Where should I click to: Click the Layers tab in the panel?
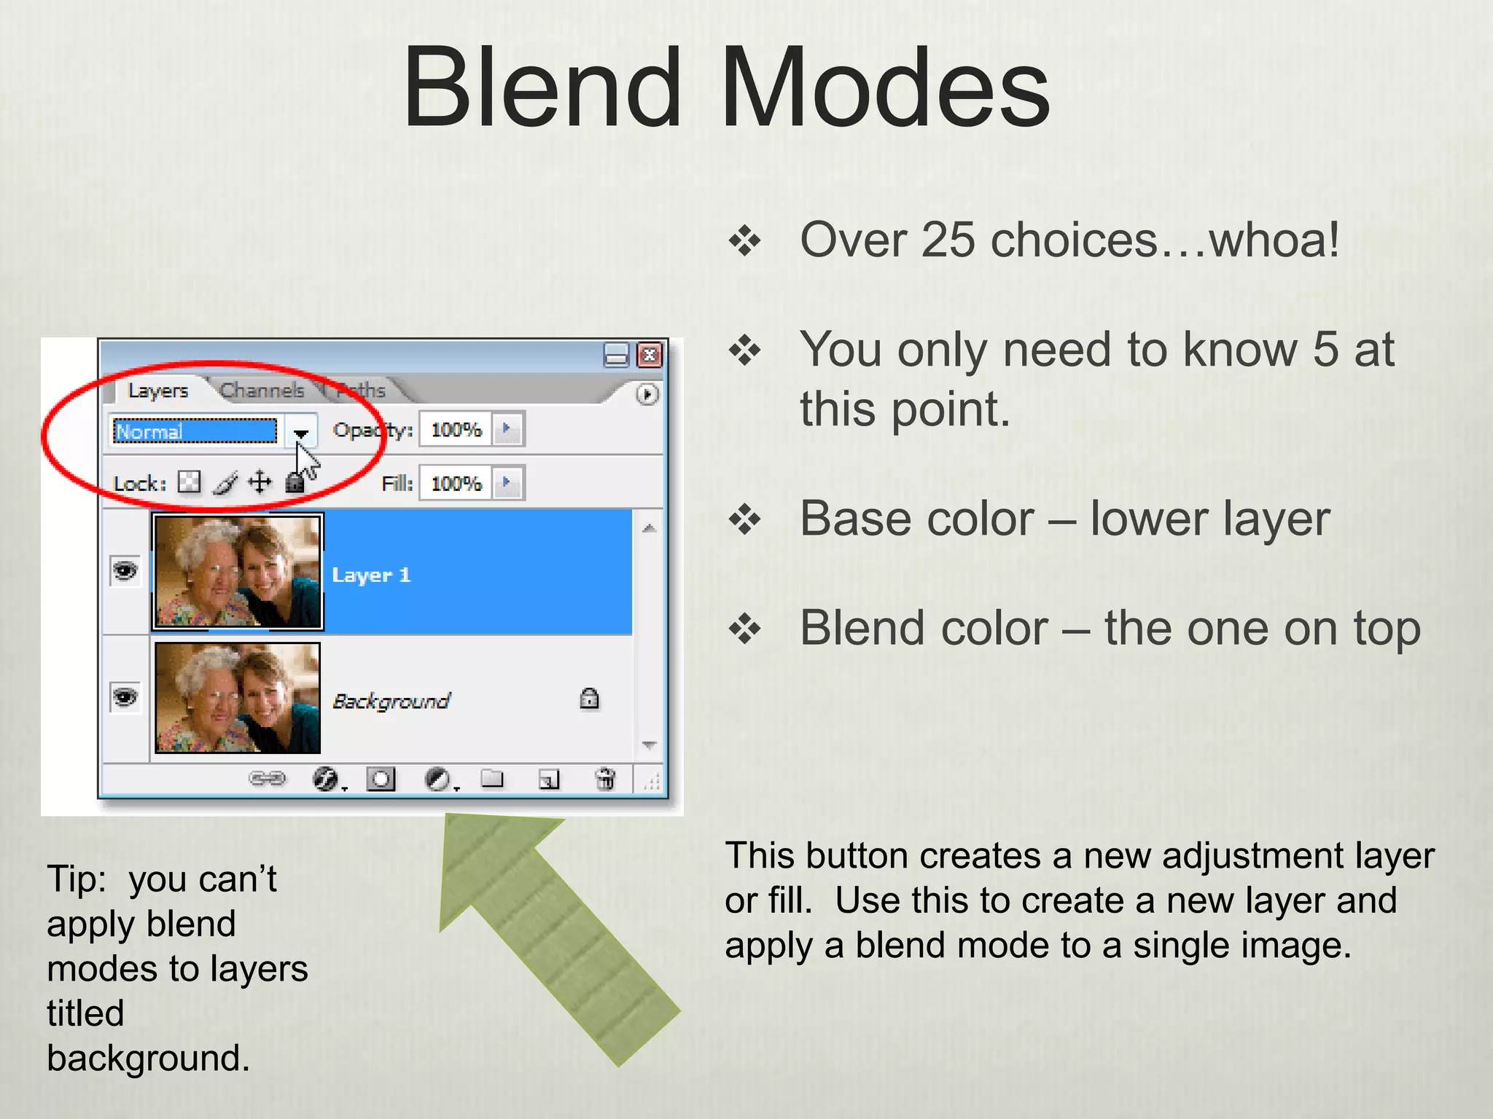coord(157,390)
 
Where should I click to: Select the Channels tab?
coord(262,390)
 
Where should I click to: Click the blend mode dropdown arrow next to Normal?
coord(300,432)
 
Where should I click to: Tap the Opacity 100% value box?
coord(456,430)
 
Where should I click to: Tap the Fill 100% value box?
coord(456,484)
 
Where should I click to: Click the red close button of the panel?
coord(650,355)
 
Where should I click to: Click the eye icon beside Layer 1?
coord(125,570)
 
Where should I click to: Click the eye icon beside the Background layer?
coord(125,697)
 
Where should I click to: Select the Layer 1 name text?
coord(371,575)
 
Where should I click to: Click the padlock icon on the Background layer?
coord(589,699)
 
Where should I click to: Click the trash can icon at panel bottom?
coord(605,779)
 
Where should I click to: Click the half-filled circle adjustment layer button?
coord(437,779)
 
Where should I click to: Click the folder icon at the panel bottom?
coord(492,779)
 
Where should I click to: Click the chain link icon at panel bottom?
coord(267,779)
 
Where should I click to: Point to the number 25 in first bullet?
coord(947,240)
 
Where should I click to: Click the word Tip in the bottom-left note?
coord(75,879)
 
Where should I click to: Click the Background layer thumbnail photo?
coord(238,698)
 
